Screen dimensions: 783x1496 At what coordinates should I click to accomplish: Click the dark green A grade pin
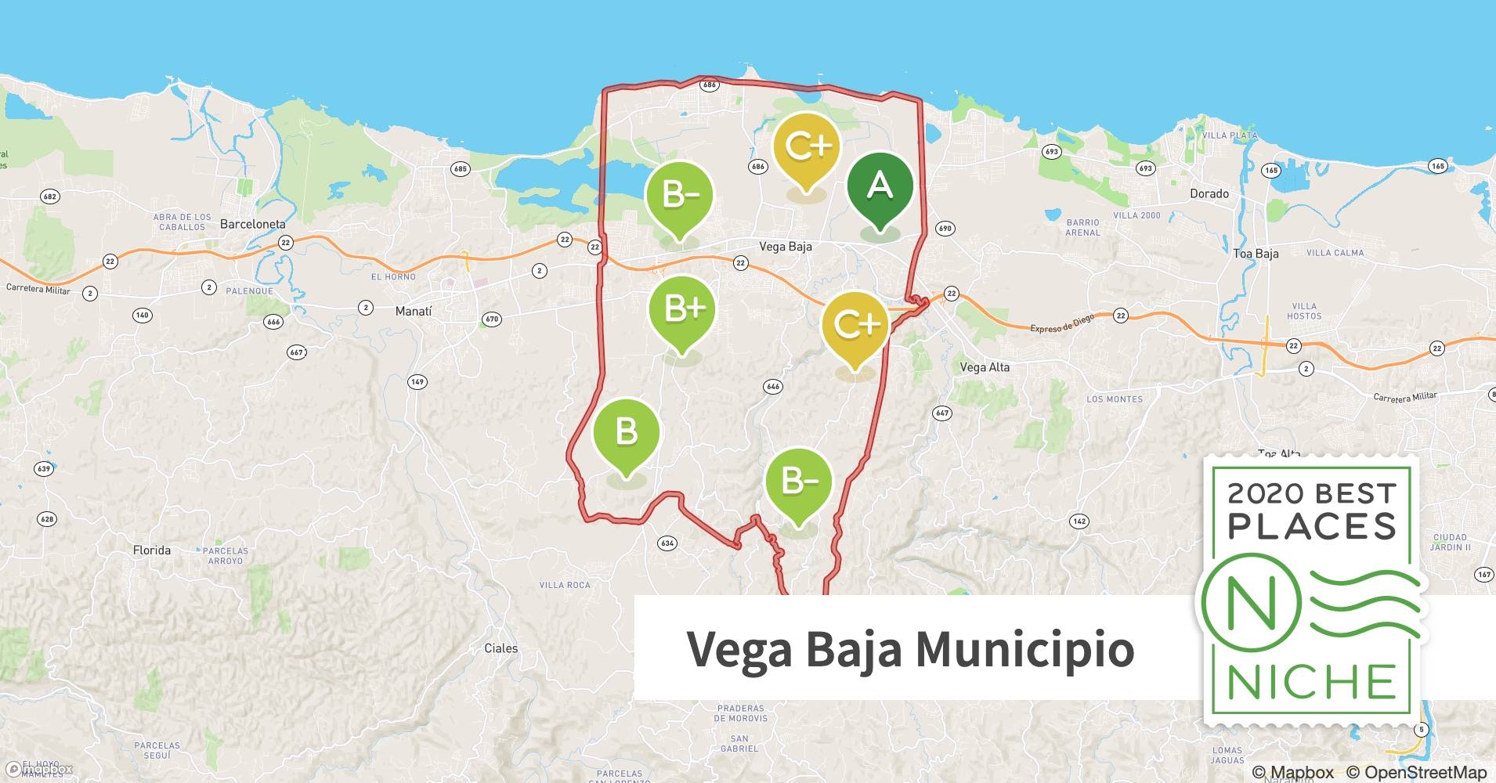[880, 187]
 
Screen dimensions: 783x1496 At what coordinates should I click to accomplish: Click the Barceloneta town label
[252, 224]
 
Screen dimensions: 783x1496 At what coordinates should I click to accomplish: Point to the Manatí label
[413, 311]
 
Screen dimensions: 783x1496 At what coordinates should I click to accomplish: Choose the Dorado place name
[1209, 193]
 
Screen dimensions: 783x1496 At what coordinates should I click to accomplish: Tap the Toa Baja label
[1255, 253]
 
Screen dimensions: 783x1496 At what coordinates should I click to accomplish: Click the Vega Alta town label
[985, 366]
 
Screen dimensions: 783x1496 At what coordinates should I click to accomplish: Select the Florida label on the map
[151, 550]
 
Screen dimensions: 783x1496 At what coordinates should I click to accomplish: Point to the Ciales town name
[500, 648]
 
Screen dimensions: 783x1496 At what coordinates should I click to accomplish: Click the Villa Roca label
[565, 585]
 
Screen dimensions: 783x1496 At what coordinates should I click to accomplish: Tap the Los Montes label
[1114, 399]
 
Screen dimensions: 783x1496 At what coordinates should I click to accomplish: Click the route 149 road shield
[417, 382]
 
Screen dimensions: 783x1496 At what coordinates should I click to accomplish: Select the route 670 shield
[491, 319]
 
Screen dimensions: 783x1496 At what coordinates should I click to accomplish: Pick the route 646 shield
[772, 387]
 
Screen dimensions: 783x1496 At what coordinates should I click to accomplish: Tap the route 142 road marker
[1079, 521]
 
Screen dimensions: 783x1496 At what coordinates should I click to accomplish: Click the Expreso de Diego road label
[1061, 324]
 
